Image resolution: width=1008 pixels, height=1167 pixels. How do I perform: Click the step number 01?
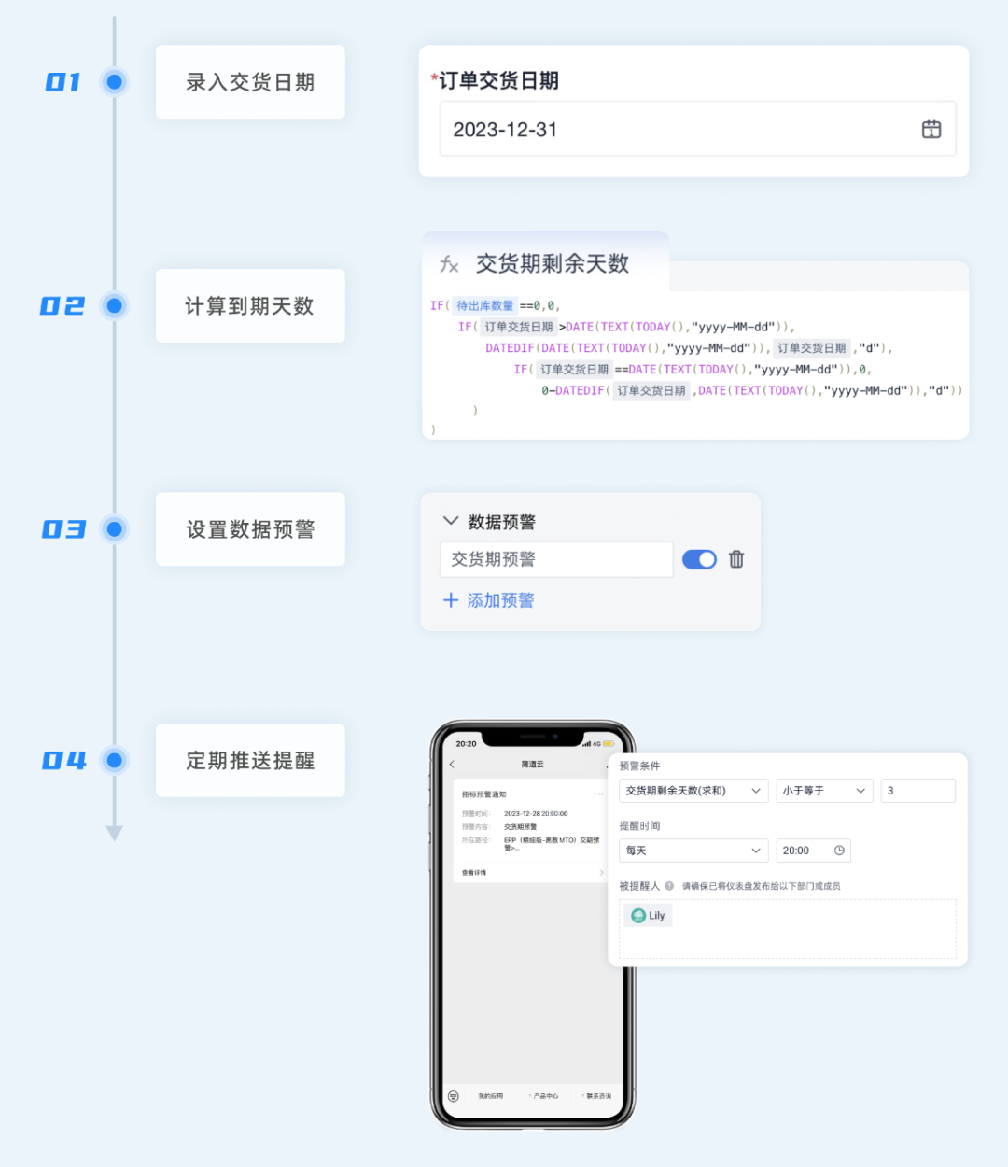click(x=63, y=82)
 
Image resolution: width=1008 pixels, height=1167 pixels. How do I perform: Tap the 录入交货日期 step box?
click(x=250, y=82)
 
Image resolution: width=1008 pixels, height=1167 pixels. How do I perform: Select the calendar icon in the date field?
click(x=931, y=129)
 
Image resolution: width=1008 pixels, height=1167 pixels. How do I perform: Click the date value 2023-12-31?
click(x=505, y=130)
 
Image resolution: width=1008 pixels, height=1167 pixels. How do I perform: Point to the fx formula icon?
click(x=449, y=264)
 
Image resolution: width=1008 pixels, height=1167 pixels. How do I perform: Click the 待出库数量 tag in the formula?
click(x=484, y=305)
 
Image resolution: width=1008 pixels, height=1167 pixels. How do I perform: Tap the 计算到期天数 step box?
click(x=250, y=306)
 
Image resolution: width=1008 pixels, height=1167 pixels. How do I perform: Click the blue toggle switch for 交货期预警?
click(x=699, y=559)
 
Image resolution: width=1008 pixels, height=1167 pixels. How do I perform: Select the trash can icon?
click(x=736, y=559)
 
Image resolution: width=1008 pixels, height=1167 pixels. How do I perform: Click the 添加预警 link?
click(x=489, y=600)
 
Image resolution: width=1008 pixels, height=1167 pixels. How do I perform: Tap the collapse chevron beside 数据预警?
click(x=451, y=521)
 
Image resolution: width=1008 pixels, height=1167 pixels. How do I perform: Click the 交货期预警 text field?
click(x=556, y=559)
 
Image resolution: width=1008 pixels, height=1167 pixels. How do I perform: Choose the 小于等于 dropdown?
click(x=824, y=791)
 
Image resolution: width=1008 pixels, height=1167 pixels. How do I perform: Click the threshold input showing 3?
click(x=917, y=791)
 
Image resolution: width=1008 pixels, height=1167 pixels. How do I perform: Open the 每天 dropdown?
click(x=693, y=851)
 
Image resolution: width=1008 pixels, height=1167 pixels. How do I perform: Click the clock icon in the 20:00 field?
click(x=839, y=851)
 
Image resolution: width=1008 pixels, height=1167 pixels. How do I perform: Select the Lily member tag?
click(x=648, y=916)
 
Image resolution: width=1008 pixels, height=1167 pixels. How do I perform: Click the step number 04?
click(x=63, y=761)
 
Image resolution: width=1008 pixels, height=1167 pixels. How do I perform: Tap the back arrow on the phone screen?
click(x=453, y=765)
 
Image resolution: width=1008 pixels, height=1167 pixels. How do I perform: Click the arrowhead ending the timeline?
click(x=115, y=833)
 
